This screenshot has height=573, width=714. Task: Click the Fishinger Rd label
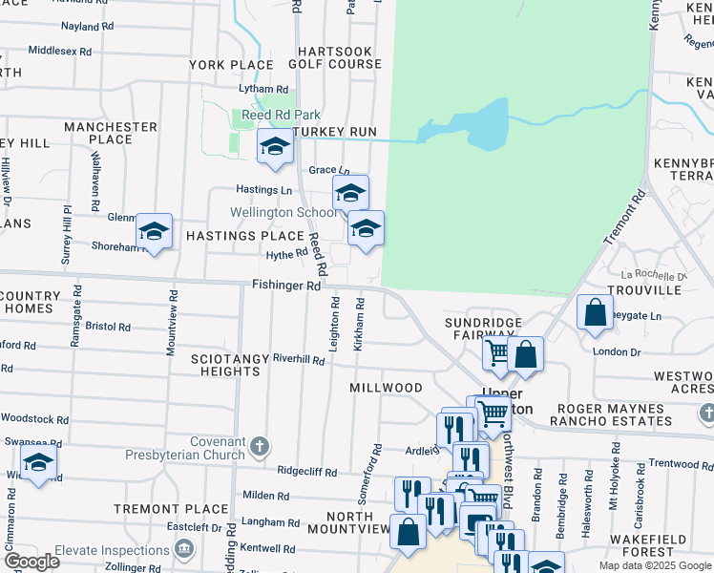pyautogui.click(x=286, y=285)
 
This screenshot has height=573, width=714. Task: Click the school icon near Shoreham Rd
pyautogui.click(x=154, y=231)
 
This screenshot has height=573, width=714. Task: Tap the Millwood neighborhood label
pyautogui.click(x=386, y=388)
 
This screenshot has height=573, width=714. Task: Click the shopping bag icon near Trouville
pyautogui.click(x=595, y=312)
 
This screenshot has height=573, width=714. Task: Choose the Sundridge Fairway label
pyautogui.click(x=484, y=329)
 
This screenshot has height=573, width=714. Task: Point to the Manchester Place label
pyautogui.click(x=111, y=133)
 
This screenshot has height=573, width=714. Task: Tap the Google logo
pyautogui.click(x=31, y=561)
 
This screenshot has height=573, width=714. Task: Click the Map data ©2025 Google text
pyautogui.click(x=653, y=565)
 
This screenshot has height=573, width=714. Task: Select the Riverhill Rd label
pyautogui.click(x=299, y=358)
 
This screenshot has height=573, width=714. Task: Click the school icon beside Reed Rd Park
pyautogui.click(x=275, y=147)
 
